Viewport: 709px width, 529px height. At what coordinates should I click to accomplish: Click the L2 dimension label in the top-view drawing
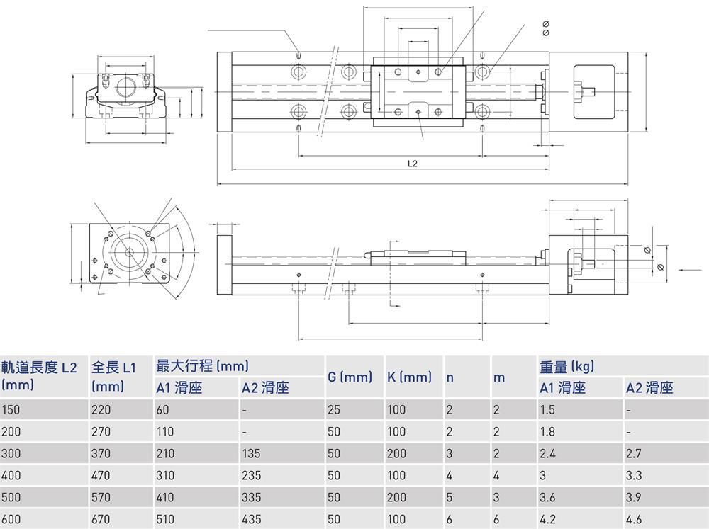pyautogui.click(x=412, y=164)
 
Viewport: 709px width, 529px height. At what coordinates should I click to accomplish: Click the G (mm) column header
pyautogui.click(x=350, y=377)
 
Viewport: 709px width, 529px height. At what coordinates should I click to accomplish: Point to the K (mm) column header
pyautogui.click(x=409, y=377)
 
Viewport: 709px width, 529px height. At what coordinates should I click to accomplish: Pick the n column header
pyautogui.click(x=450, y=377)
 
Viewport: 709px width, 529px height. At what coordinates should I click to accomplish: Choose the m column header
pyautogui.click(x=499, y=377)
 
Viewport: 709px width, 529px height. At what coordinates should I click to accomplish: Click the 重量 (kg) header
pyautogui.click(x=566, y=366)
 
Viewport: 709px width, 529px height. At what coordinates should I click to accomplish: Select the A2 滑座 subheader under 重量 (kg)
pyautogui.click(x=649, y=387)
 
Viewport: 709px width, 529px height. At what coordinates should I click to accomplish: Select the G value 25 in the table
pyautogui.click(x=334, y=409)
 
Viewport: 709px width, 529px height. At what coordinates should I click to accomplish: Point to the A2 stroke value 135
pyautogui.click(x=251, y=453)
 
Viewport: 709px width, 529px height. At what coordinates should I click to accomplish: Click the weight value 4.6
pyautogui.click(x=634, y=519)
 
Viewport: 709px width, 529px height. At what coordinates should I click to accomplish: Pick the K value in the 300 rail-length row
pyautogui.click(x=396, y=453)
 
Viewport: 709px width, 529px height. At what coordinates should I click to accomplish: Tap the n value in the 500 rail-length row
pyautogui.click(x=450, y=497)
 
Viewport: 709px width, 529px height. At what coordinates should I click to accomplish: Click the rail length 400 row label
pyautogui.click(x=11, y=475)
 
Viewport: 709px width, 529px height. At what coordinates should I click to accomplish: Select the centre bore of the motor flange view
pyautogui.click(x=129, y=253)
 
